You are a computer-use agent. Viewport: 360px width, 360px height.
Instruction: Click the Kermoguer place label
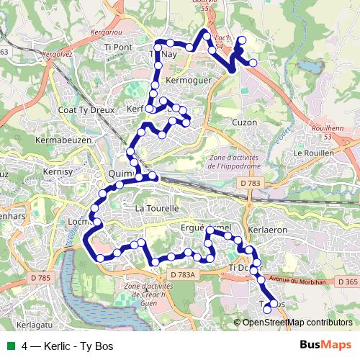pos(189,81)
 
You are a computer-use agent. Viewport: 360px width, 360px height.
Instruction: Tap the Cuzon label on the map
pos(245,122)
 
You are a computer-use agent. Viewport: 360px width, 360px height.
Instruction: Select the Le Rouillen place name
pos(313,153)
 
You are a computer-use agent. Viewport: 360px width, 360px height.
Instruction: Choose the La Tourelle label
pos(156,208)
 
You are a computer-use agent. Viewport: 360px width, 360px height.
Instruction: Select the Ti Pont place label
pos(119,48)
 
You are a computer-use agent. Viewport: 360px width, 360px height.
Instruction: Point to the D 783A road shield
pos(184,275)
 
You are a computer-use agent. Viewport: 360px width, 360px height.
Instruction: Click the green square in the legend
pos(12,346)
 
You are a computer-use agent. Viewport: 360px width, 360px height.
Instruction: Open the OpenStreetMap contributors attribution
pos(297,323)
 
